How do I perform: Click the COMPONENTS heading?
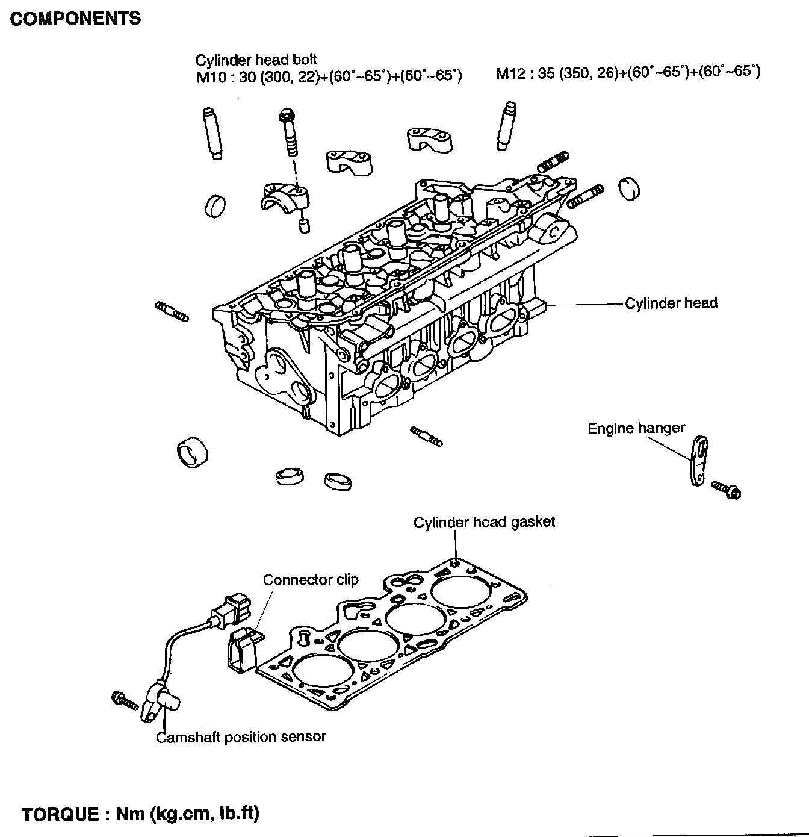(76, 19)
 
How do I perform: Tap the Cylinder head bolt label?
(256, 60)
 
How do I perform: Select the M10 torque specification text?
(329, 77)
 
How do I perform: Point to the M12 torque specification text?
(628, 73)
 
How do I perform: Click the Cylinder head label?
(671, 303)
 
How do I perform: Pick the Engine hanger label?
(636, 428)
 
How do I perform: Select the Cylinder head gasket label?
(484, 522)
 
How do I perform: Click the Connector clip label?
(311, 580)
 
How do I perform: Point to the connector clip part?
(243, 651)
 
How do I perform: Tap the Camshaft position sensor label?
(241, 736)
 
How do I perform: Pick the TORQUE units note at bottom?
(140, 814)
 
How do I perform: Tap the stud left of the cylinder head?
(172, 311)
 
